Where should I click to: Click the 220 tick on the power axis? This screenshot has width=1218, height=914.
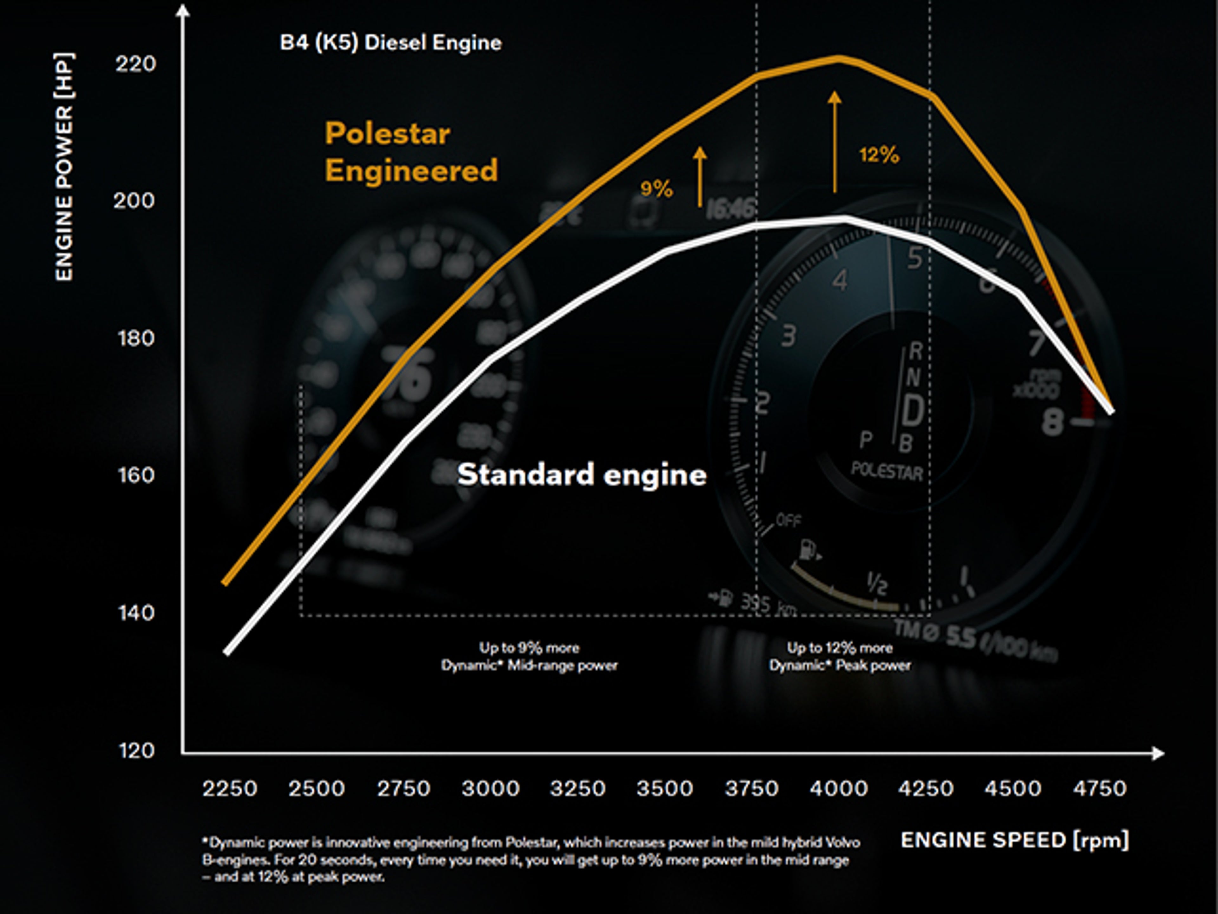click(x=135, y=64)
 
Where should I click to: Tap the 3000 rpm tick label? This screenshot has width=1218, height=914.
click(x=490, y=788)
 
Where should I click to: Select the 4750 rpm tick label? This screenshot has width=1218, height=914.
click(x=1099, y=788)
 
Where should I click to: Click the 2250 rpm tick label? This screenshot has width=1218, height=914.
click(x=230, y=788)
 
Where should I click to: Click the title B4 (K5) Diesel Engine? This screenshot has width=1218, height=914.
click(x=390, y=43)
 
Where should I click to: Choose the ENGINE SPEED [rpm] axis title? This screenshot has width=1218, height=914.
click(x=1014, y=840)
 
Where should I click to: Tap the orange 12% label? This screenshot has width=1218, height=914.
click(x=879, y=155)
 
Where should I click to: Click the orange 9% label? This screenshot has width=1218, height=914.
click(x=656, y=189)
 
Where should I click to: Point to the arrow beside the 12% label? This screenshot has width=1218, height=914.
click(x=835, y=142)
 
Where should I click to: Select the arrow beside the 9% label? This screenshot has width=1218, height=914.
click(x=700, y=176)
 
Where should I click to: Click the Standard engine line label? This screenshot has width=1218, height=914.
click(x=581, y=474)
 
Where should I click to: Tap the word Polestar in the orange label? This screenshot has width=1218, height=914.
click(x=387, y=133)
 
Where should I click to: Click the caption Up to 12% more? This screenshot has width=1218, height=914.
click(x=839, y=647)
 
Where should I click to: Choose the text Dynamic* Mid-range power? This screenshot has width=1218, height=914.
click(x=529, y=666)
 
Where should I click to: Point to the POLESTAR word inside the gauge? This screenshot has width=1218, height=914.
click(x=887, y=471)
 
